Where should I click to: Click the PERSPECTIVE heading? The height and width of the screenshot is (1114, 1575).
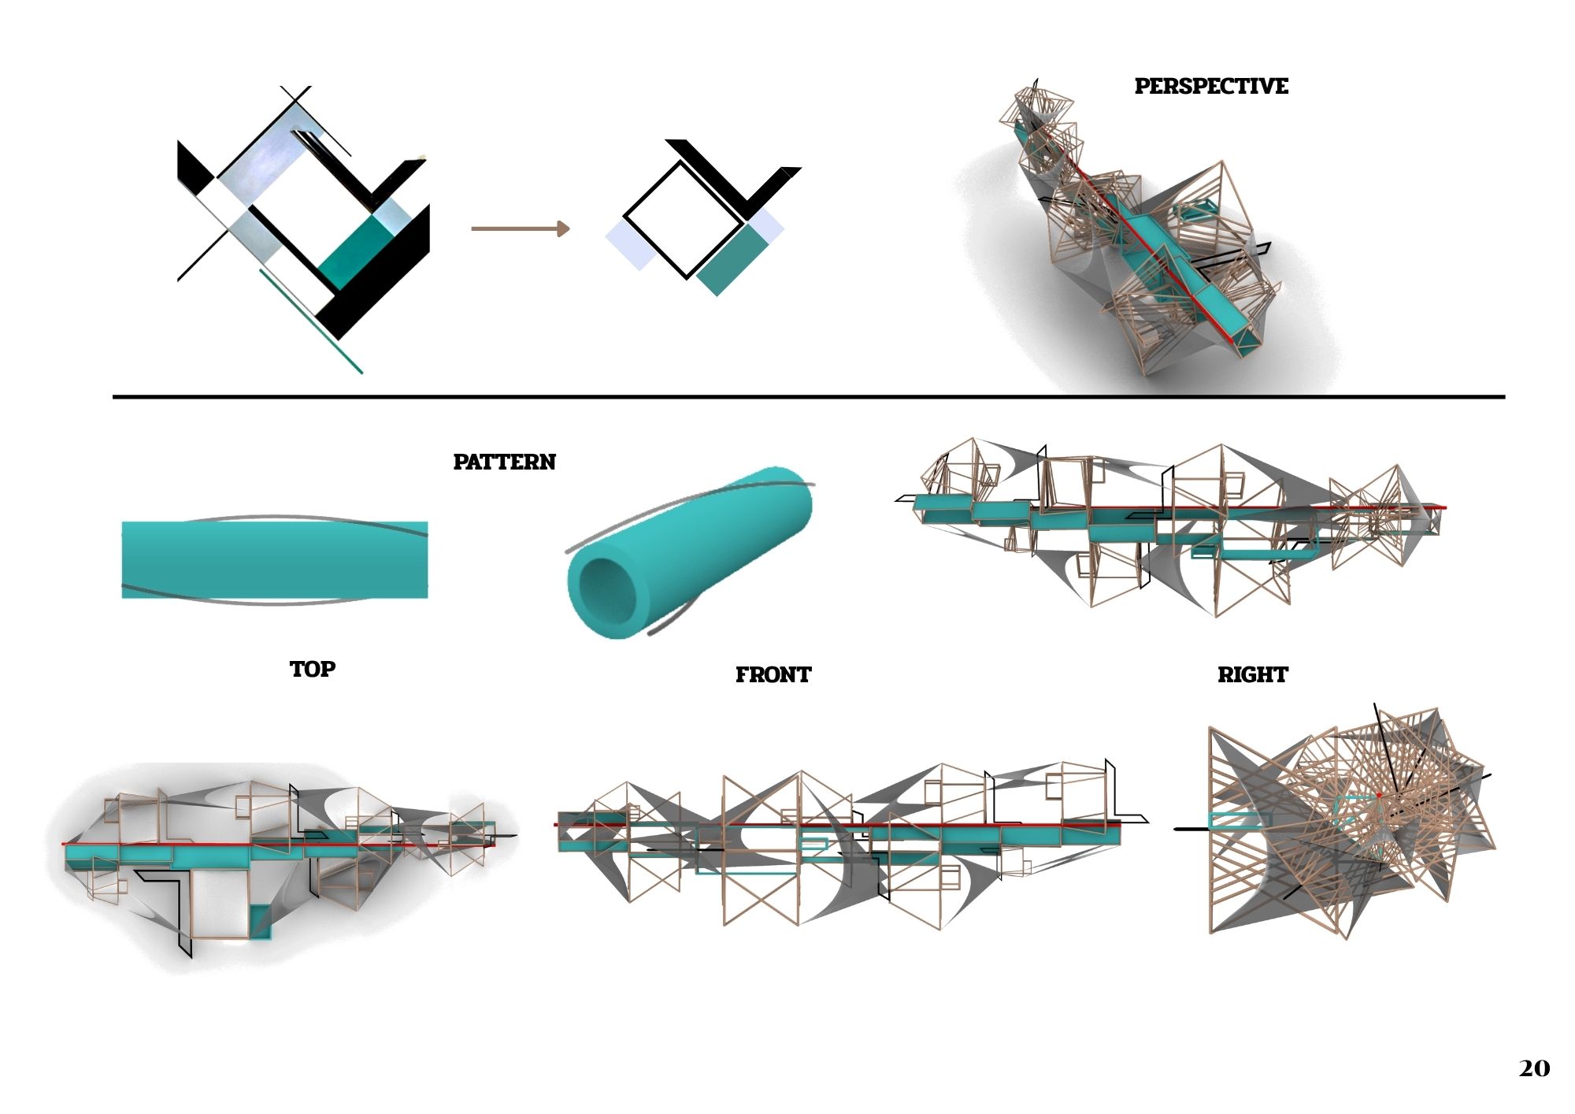tap(1211, 86)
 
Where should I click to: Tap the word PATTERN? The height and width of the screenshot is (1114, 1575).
tap(504, 462)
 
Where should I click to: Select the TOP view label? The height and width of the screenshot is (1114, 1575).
tap(313, 669)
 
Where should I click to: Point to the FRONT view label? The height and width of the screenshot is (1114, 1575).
tap(773, 674)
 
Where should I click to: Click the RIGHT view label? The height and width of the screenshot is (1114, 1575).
tap(1252, 674)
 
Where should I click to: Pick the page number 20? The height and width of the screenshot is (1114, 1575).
tap(1534, 1068)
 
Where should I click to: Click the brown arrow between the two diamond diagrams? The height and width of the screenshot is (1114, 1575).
tap(520, 228)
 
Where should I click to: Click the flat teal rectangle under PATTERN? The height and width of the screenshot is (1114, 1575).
tap(275, 559)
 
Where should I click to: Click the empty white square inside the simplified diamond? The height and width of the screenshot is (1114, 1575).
tap(683, 220)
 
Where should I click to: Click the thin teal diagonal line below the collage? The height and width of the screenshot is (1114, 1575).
tap(311, 321)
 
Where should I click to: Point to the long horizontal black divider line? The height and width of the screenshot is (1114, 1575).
tap(809, 397)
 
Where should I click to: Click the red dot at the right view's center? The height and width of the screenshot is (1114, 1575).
tap(1380, 796)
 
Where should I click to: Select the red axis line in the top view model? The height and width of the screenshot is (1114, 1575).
tap(276, 844)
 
